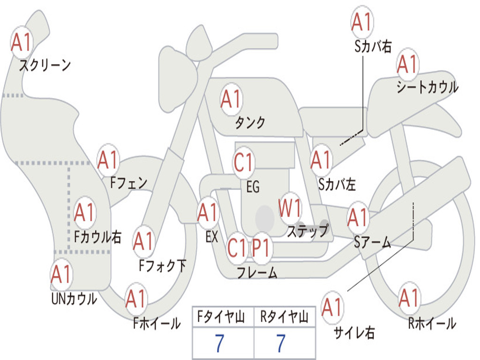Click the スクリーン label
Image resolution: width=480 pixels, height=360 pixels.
point(45,65)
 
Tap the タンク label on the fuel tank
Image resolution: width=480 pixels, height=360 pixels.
point(250,122)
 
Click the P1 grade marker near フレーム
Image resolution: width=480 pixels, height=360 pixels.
point(261,247)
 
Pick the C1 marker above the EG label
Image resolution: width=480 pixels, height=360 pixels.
point(243,163)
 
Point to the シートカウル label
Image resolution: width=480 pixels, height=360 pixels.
point(427,87)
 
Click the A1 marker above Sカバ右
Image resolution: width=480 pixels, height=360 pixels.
point(361,22)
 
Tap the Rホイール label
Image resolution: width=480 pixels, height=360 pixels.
point(432,323)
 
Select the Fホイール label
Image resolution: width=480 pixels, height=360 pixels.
point(157,323)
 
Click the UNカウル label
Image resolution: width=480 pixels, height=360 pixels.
point(74,298)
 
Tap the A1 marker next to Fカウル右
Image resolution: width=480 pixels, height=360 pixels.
point(85,213)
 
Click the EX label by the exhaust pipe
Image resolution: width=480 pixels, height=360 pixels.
point(211,237)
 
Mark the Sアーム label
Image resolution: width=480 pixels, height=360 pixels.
point(372,242)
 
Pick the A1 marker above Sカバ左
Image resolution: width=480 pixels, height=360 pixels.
point(322,160)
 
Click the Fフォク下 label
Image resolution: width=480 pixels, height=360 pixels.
point(162,266)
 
